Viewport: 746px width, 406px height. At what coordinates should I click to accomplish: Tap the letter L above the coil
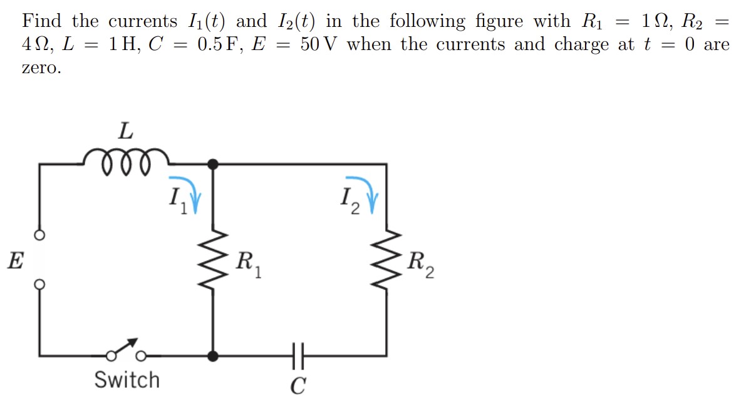pos(126,131)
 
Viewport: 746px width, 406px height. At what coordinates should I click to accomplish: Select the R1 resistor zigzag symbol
pos(214,262)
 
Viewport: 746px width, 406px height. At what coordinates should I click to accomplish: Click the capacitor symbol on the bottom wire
pos(298,356)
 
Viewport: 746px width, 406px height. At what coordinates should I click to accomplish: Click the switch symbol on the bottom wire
pos(126,352)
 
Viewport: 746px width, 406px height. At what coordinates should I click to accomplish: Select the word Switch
pos(127,380)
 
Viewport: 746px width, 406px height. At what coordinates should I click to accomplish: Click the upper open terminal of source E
pos(39,236)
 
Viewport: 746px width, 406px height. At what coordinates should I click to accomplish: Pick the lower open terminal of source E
pos(39,283)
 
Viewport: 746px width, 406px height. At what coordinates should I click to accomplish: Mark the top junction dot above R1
pos(214,165)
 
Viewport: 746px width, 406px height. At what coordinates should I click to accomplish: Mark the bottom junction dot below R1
pos(214,356)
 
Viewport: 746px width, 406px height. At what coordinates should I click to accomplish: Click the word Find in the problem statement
pos(42,21)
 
